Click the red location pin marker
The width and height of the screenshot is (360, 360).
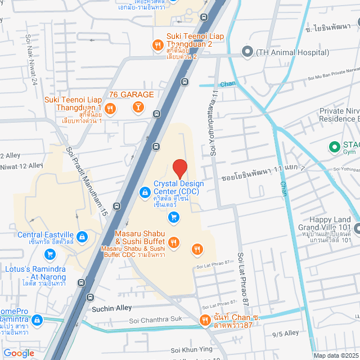pyautogui.click(x=179, y=169)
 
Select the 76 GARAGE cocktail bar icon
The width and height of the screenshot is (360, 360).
pyautogui.click(x=137, y=107)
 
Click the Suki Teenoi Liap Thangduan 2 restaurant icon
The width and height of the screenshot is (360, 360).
pyautogui.click(x=159, y=46)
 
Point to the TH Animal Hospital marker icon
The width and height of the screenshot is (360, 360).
pyautogui.click(x=246, y=52)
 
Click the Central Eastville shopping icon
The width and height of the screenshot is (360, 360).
pyautogui.click(x=83, y=237)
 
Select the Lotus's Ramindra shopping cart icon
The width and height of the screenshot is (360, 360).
pyautogui.click(x=51, y=254)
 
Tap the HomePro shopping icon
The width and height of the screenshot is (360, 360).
pyautogui.click(x=37, y=321)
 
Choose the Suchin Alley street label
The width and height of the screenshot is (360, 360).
pyautogui.click(x=111, y=308)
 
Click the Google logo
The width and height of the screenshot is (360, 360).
pyautogui.click(x=19, y=353)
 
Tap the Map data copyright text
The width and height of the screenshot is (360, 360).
pyautogui.click(x=336, y=355)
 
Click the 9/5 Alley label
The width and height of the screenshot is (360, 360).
pyautogui.click(x=285, y=333)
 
